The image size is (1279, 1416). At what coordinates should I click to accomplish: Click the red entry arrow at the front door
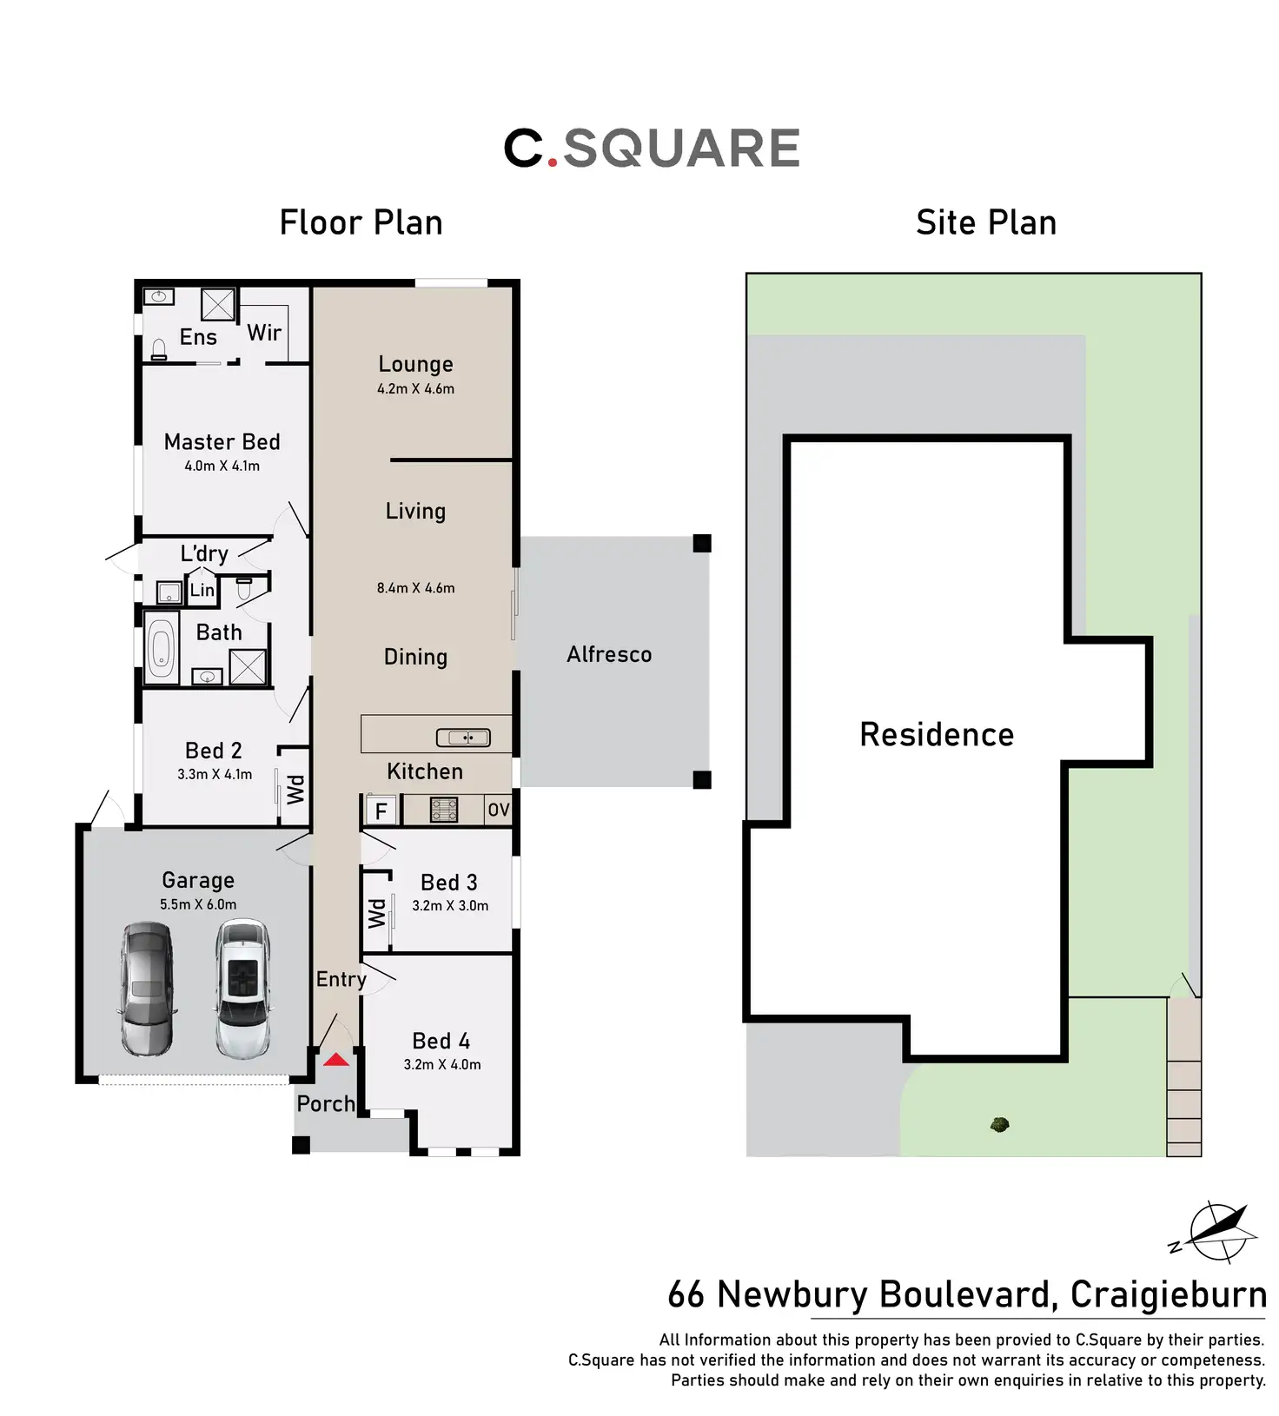336,1060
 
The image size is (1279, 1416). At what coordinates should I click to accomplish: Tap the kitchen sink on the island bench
463,738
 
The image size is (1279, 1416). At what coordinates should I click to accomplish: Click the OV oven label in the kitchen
498,811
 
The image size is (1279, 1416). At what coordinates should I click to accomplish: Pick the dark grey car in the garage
147,989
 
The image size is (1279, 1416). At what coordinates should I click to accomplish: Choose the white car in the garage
242,989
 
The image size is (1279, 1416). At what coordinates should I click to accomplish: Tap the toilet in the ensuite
159,349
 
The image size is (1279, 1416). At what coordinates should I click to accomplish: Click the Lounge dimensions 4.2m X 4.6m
415,389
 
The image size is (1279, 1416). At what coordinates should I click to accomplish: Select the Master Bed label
222,442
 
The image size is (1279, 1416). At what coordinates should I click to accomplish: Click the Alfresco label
609,655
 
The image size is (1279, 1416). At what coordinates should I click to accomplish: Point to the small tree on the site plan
999,1125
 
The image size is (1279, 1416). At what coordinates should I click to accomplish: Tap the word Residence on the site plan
937,735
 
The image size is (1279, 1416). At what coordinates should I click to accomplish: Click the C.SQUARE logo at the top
652,148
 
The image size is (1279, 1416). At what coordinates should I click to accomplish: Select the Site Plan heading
986,223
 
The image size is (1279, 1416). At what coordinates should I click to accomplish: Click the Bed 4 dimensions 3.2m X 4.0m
442,1065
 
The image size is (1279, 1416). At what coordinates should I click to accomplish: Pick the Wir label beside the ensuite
264,333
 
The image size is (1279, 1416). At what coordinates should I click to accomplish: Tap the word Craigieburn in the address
1168,1294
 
